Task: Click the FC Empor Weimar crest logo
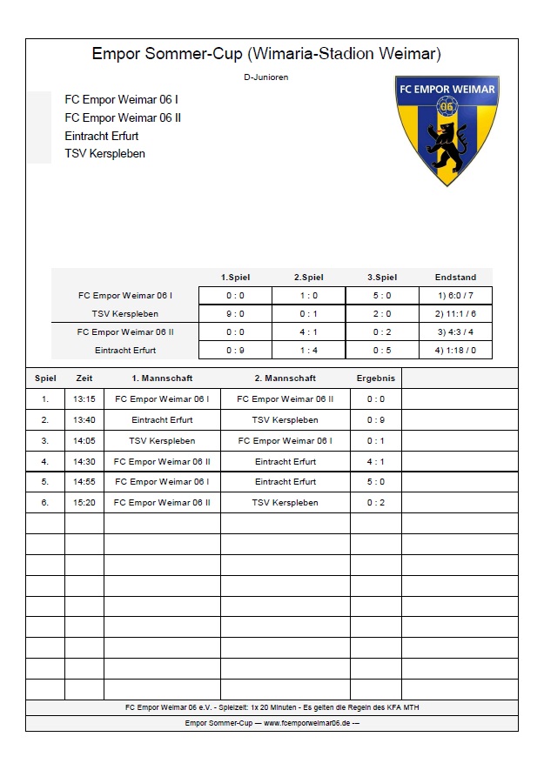[447, 128]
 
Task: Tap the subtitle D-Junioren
[266, 77]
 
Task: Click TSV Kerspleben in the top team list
[104, 154]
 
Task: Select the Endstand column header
[455, 278]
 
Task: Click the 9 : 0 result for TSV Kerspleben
[235, 314]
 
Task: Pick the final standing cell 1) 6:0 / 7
[455, 296]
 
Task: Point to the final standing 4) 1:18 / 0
[455, 351]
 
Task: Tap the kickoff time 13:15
[84, 399]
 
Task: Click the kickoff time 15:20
[84, 503]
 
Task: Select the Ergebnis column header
[376, 378]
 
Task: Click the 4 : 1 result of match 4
[376, 462]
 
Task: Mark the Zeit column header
[84, 378]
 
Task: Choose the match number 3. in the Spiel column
[45, 441]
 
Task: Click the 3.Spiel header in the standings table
[382, 278]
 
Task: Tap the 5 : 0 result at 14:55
[376, 482]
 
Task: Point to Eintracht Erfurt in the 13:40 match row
[162, 420]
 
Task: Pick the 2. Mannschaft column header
[285, 378]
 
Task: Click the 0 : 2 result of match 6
[376, 503]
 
